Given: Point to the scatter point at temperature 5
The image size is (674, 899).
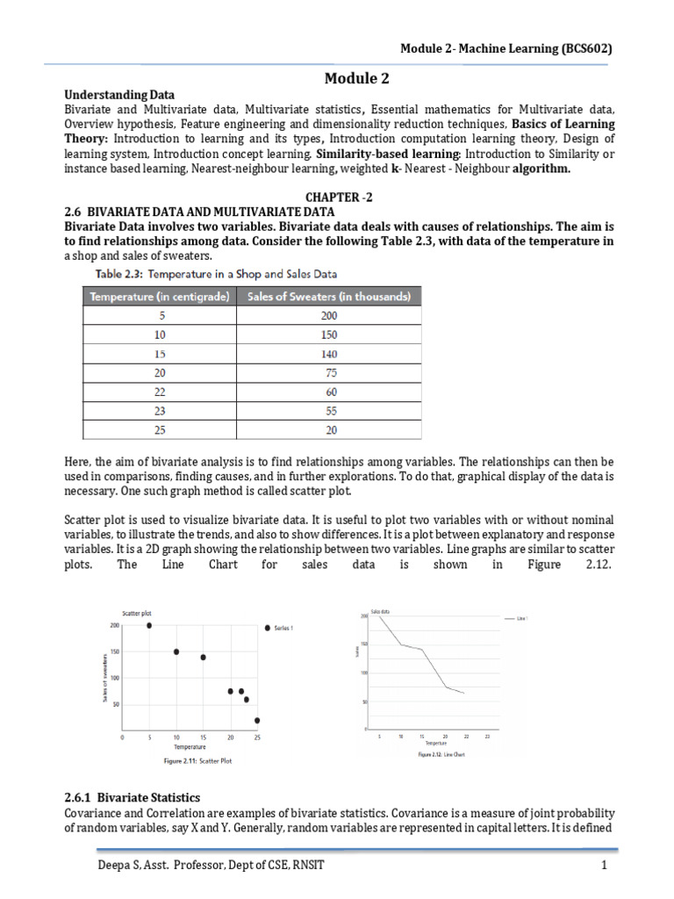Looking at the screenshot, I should pos(149,625).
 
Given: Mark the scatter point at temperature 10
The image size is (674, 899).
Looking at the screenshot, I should pos(176,651).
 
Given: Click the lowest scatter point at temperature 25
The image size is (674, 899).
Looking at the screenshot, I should pos(257,721).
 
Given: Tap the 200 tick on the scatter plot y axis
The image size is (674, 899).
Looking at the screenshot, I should pos(114,625).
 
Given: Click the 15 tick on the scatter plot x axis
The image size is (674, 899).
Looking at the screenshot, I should pos(204,737).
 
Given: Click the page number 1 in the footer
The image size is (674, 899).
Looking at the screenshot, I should pos(605,867).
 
